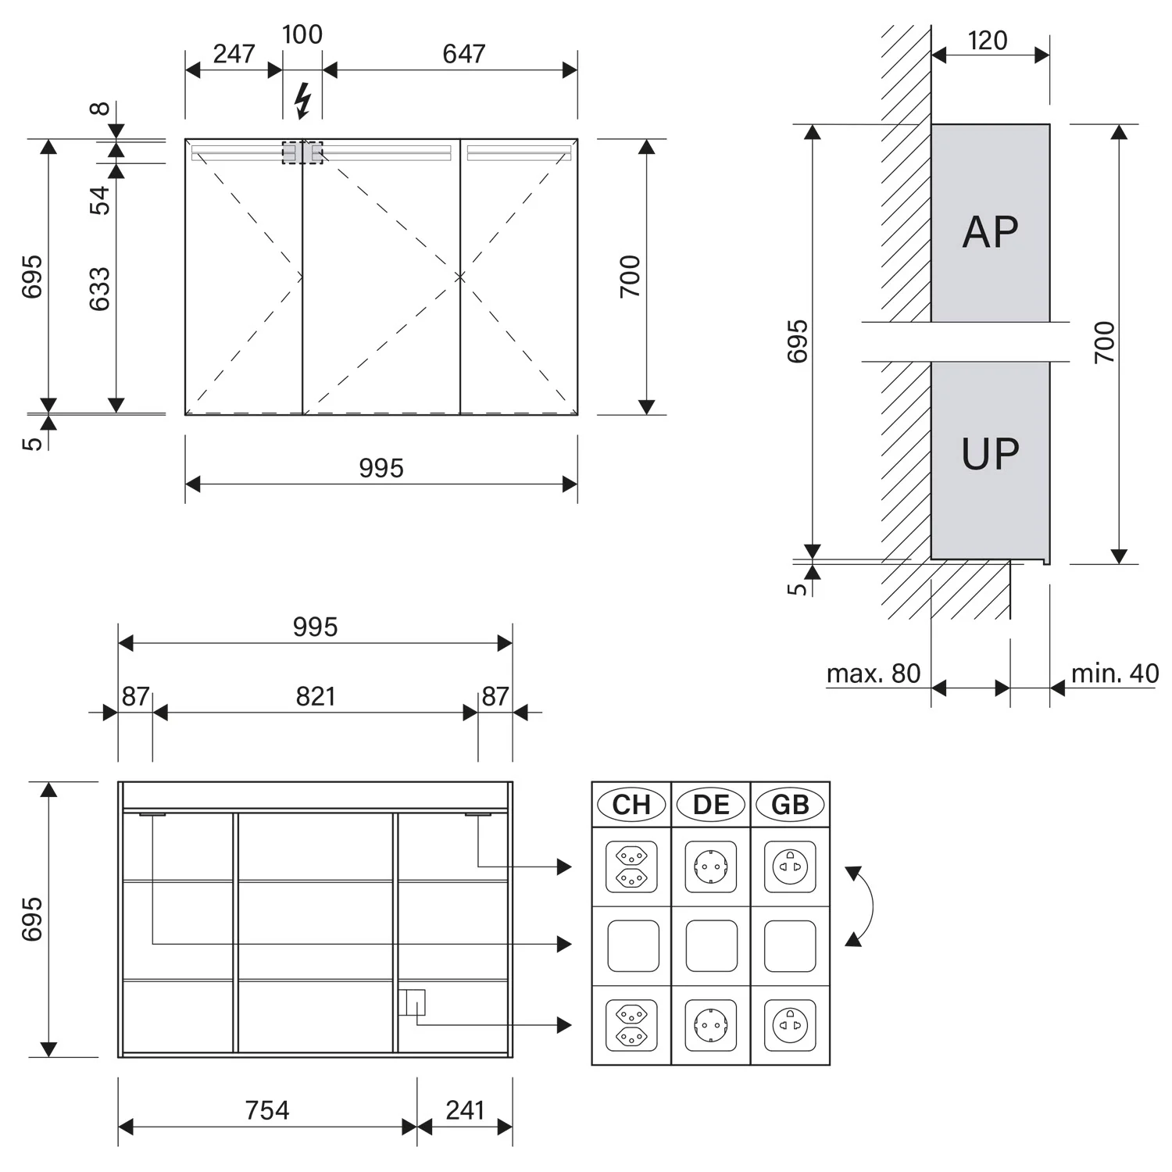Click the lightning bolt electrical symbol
pos(302,101)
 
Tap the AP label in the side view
pos(990,231)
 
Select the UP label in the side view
pos(990,454)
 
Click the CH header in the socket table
pos(631,805)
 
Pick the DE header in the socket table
pos(711,805)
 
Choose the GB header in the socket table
pos(790,805)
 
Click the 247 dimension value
pos(234,54)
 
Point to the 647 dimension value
pos(463,54)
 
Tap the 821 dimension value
pos(316,696)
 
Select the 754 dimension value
pos(267,1110)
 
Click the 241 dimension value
pos(465,1110)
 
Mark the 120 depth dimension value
pos(988,41)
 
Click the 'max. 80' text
pos(874,674)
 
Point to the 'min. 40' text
pos(1115,674)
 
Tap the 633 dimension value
pos(100,289)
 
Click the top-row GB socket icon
pos(790,866)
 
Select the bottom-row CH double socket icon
pos(631,1025)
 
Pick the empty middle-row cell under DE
pos(711,945)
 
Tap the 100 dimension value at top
pos(302,34)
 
